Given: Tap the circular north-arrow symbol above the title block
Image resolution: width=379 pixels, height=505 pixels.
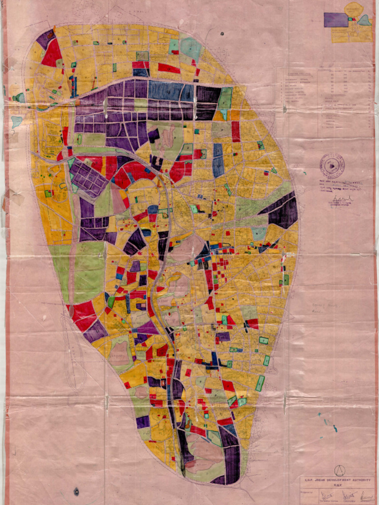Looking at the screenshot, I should [340, 470].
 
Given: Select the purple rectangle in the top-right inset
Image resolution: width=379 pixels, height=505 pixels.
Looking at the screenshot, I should [336, 20].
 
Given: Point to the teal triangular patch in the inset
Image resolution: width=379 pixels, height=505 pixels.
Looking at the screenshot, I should [364, 21].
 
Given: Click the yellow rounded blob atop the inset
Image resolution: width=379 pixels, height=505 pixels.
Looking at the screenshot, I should [353, 9].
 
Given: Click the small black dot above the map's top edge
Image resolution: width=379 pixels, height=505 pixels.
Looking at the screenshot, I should [222, 34].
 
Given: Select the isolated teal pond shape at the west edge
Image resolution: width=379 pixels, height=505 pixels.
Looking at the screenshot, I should [16, 121].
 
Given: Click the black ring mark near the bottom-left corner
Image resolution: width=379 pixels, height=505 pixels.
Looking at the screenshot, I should [76, 491].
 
